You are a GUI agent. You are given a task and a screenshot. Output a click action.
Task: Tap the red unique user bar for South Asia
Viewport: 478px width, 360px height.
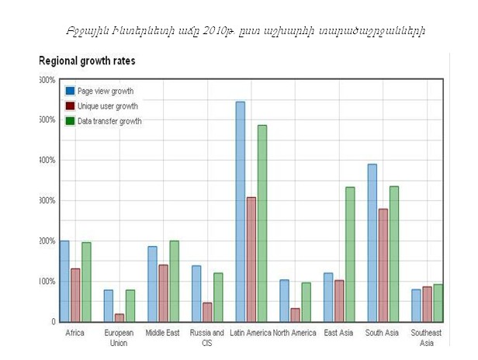383,265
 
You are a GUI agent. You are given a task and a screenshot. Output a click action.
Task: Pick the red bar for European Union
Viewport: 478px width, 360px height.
119,317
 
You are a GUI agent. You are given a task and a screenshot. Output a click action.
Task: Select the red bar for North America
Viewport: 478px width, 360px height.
295,314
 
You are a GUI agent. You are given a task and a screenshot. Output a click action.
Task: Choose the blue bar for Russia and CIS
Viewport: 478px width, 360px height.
196,293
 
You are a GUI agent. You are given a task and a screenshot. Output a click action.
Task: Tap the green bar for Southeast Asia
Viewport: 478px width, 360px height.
438,303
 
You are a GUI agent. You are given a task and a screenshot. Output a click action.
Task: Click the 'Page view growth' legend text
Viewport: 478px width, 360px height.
106,92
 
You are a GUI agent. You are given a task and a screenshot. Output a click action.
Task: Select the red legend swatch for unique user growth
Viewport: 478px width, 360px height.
70,106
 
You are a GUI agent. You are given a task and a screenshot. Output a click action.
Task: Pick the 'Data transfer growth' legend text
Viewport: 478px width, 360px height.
109,121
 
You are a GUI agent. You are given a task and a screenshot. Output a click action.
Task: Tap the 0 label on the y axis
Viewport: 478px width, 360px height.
52,321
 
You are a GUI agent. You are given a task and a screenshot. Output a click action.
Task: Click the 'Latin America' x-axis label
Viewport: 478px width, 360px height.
251,333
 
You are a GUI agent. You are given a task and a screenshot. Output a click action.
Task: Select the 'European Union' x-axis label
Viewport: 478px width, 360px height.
119,337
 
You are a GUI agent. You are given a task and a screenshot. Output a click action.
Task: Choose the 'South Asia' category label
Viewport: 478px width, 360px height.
383,333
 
